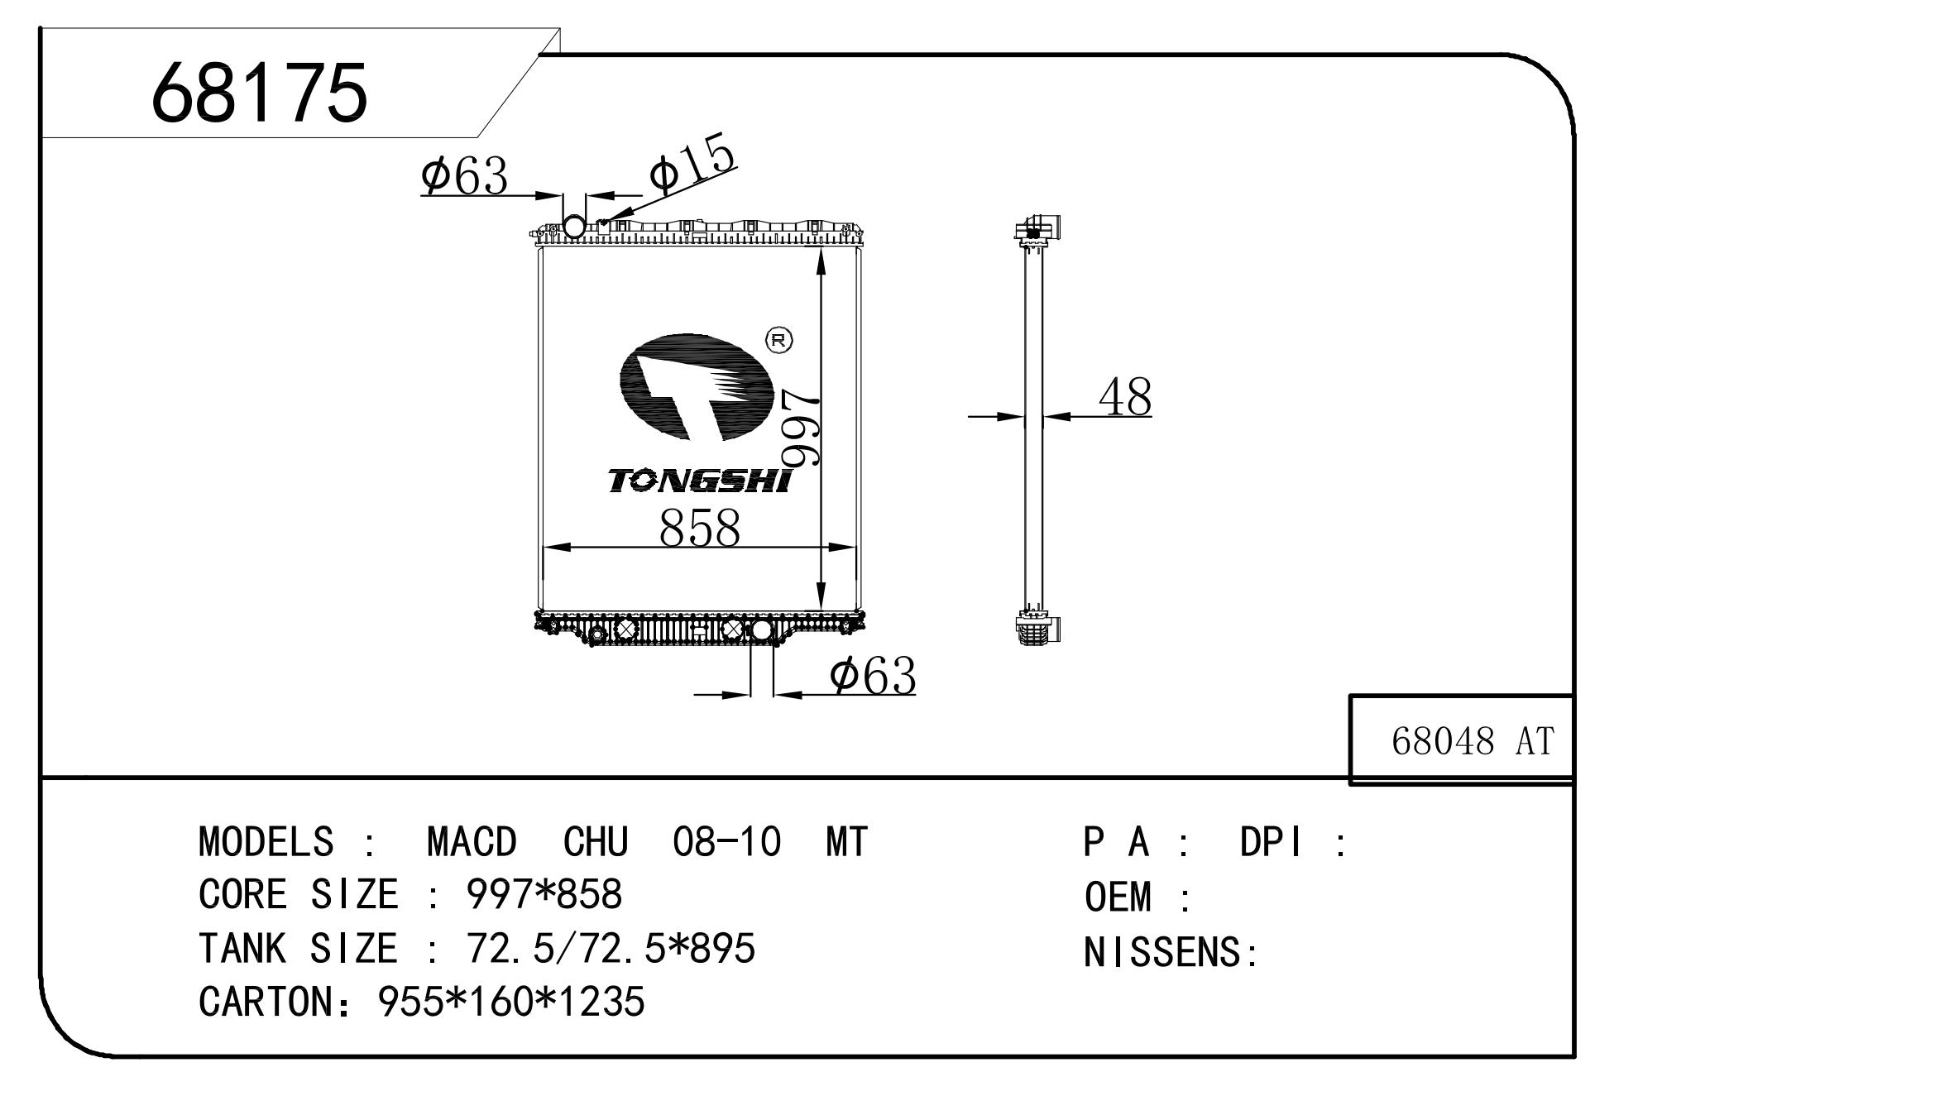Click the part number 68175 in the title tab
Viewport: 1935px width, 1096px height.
tap(259, 93)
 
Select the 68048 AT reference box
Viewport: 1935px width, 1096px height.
tap(1461, 739)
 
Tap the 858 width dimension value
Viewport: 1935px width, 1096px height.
tap(700, 527)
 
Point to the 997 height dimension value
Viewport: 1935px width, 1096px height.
tap(801, 428)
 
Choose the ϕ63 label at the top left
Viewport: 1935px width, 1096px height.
tap(464, 175)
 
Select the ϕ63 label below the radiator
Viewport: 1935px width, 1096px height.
tap(873, 675)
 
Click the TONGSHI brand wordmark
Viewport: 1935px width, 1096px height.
tap(700, 481)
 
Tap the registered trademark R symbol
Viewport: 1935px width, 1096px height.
tap(778, 340)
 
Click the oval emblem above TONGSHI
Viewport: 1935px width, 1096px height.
tap(697, 387)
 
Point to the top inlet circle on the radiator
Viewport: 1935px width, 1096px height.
tap(573, 225)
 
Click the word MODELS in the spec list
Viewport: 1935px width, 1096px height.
tap(266, 842)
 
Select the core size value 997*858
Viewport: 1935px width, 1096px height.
tap(544, 894)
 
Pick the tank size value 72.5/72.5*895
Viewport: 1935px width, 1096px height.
tap(611, 948)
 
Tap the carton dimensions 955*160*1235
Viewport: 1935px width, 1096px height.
tap(511, 1002)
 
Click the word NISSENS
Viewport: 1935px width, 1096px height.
tap(1162, 952)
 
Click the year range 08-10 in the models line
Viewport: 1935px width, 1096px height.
tap(727, 842)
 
